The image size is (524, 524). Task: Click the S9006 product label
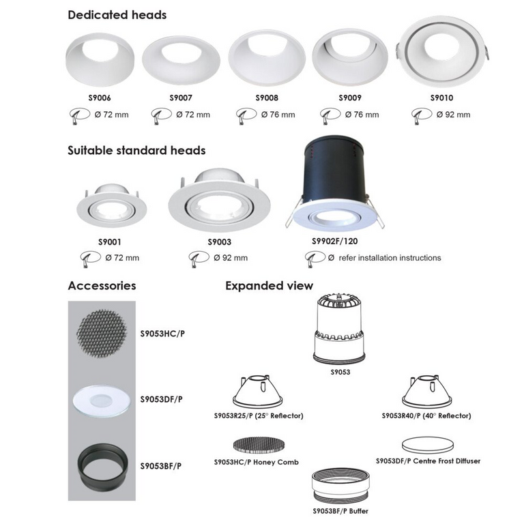100,98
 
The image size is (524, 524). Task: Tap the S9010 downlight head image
442,51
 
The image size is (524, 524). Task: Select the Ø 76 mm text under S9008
278,115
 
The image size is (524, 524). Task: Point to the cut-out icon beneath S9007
161,115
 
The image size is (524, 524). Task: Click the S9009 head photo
350,57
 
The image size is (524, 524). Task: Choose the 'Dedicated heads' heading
117,15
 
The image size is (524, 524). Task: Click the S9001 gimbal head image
112,205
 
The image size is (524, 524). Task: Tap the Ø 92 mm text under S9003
231,258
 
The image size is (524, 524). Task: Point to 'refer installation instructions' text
390,258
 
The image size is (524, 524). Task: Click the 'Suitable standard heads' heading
136,150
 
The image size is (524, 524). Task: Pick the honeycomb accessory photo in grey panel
102,333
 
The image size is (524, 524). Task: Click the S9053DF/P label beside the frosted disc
162,399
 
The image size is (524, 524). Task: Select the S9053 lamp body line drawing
338,329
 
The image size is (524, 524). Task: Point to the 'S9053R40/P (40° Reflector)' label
426,416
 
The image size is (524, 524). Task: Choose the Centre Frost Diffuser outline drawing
428,445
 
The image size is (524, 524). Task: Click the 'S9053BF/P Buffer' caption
340,511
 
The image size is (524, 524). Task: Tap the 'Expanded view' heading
269,286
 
